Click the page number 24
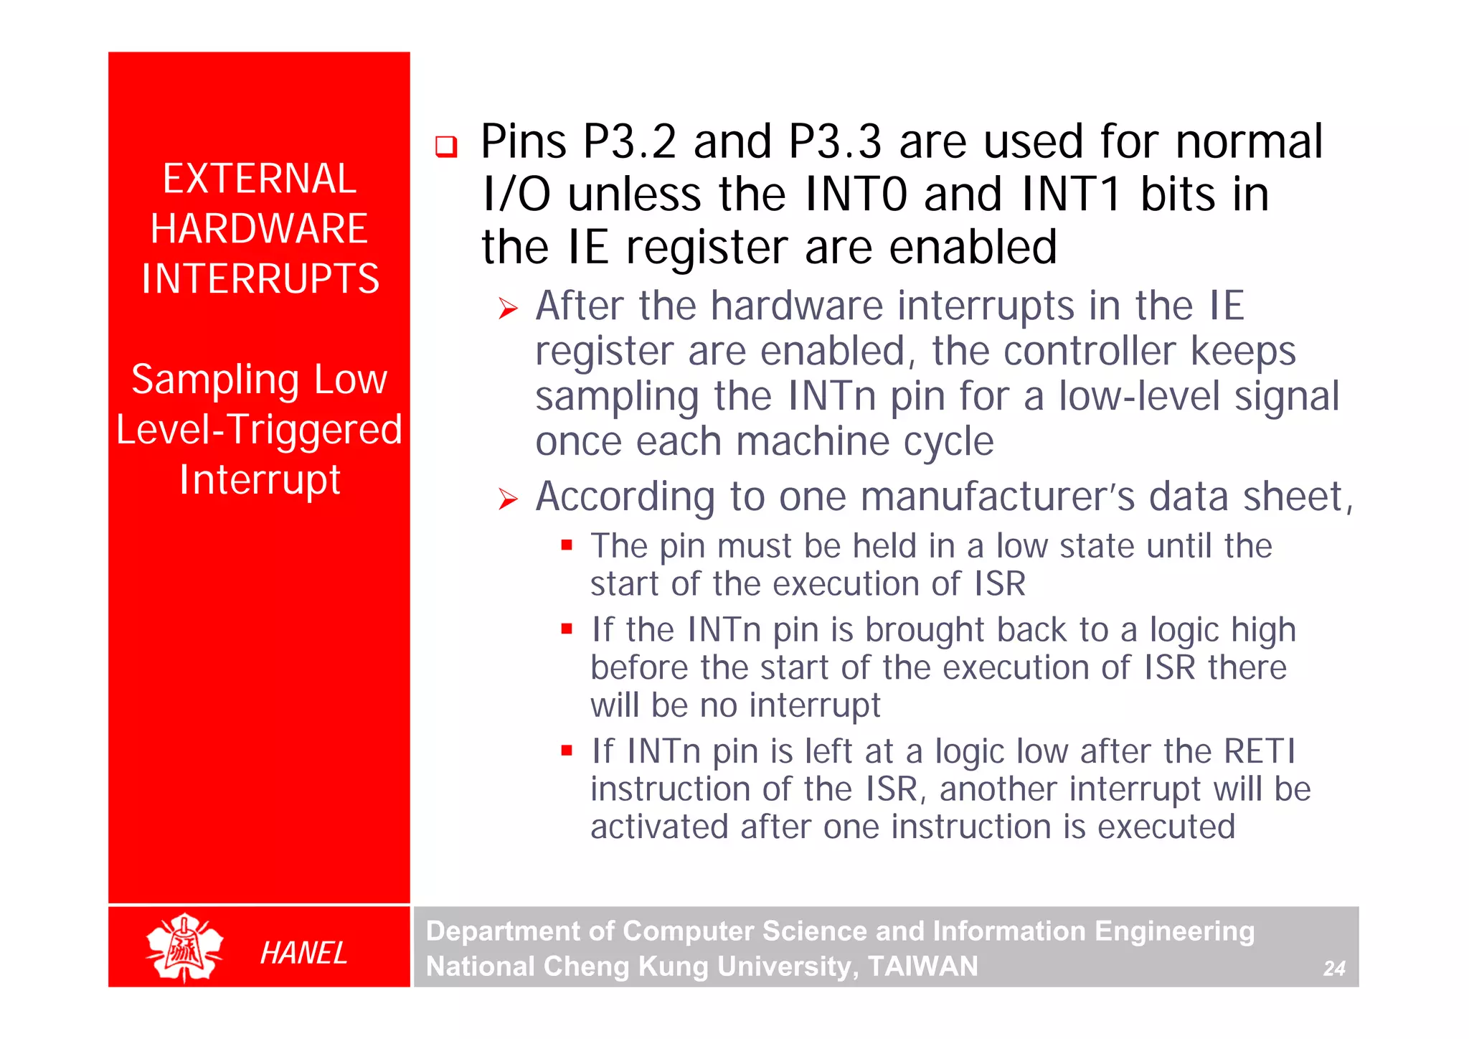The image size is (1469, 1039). [1333, 969]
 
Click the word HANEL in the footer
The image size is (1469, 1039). [303, 953]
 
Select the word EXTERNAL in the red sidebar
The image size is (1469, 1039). [259, 179]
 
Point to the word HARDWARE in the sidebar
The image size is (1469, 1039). [259, 229]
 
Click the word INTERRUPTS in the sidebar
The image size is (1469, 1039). [260, 279]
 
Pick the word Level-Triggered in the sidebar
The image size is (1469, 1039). [259, 430]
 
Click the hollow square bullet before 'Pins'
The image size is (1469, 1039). [446, 146]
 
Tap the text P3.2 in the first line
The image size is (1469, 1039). [629, 141]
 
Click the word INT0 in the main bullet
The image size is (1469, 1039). [856, 194]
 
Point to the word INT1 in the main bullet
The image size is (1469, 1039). [1071, 194]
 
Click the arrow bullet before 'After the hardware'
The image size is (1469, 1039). [508, 309]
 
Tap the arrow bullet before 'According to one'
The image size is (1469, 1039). [508, 499]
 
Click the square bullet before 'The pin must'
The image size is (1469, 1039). [567, 545]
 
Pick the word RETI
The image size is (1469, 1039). [1260, 751]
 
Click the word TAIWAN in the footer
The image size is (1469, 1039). [923, 967]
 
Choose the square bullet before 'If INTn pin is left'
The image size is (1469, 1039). [567, 751]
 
